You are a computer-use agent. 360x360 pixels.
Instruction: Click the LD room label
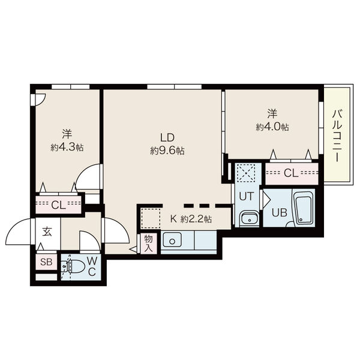click(x=167, y=137)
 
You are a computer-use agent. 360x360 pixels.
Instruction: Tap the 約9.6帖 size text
click(x=167, y=151)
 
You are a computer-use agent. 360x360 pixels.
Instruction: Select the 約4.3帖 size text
click(x=67, y=147)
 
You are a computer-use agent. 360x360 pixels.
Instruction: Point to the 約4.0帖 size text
click(x=272, y=127)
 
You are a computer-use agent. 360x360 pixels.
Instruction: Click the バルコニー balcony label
click(x=337, y=136)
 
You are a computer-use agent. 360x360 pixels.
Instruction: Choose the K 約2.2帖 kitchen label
click(x=191, y=219)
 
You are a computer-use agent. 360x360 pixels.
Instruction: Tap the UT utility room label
click(x=247, y=196)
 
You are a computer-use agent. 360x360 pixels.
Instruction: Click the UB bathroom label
click(x=280, y=213)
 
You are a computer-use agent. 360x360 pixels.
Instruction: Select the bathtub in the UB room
click(x=303, y=208)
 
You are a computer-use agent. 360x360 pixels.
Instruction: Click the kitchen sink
click(x=172, y=240)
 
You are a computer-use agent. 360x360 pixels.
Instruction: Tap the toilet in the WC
click(x=73, y=267)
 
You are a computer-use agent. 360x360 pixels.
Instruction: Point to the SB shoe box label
click(x=46, y=262)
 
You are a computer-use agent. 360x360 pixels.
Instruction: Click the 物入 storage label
click(x=149, y=244)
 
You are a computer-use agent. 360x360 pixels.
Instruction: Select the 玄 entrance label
click(x=47, y=232)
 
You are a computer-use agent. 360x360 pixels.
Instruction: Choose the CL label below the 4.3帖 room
click(x=58, y=205)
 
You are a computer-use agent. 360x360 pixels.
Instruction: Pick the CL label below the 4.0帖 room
click(x=291, y=173)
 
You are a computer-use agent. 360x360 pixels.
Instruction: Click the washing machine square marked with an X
click(x=246, y=173)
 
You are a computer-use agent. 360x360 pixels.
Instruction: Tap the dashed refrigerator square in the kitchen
click(x=151, y=218)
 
